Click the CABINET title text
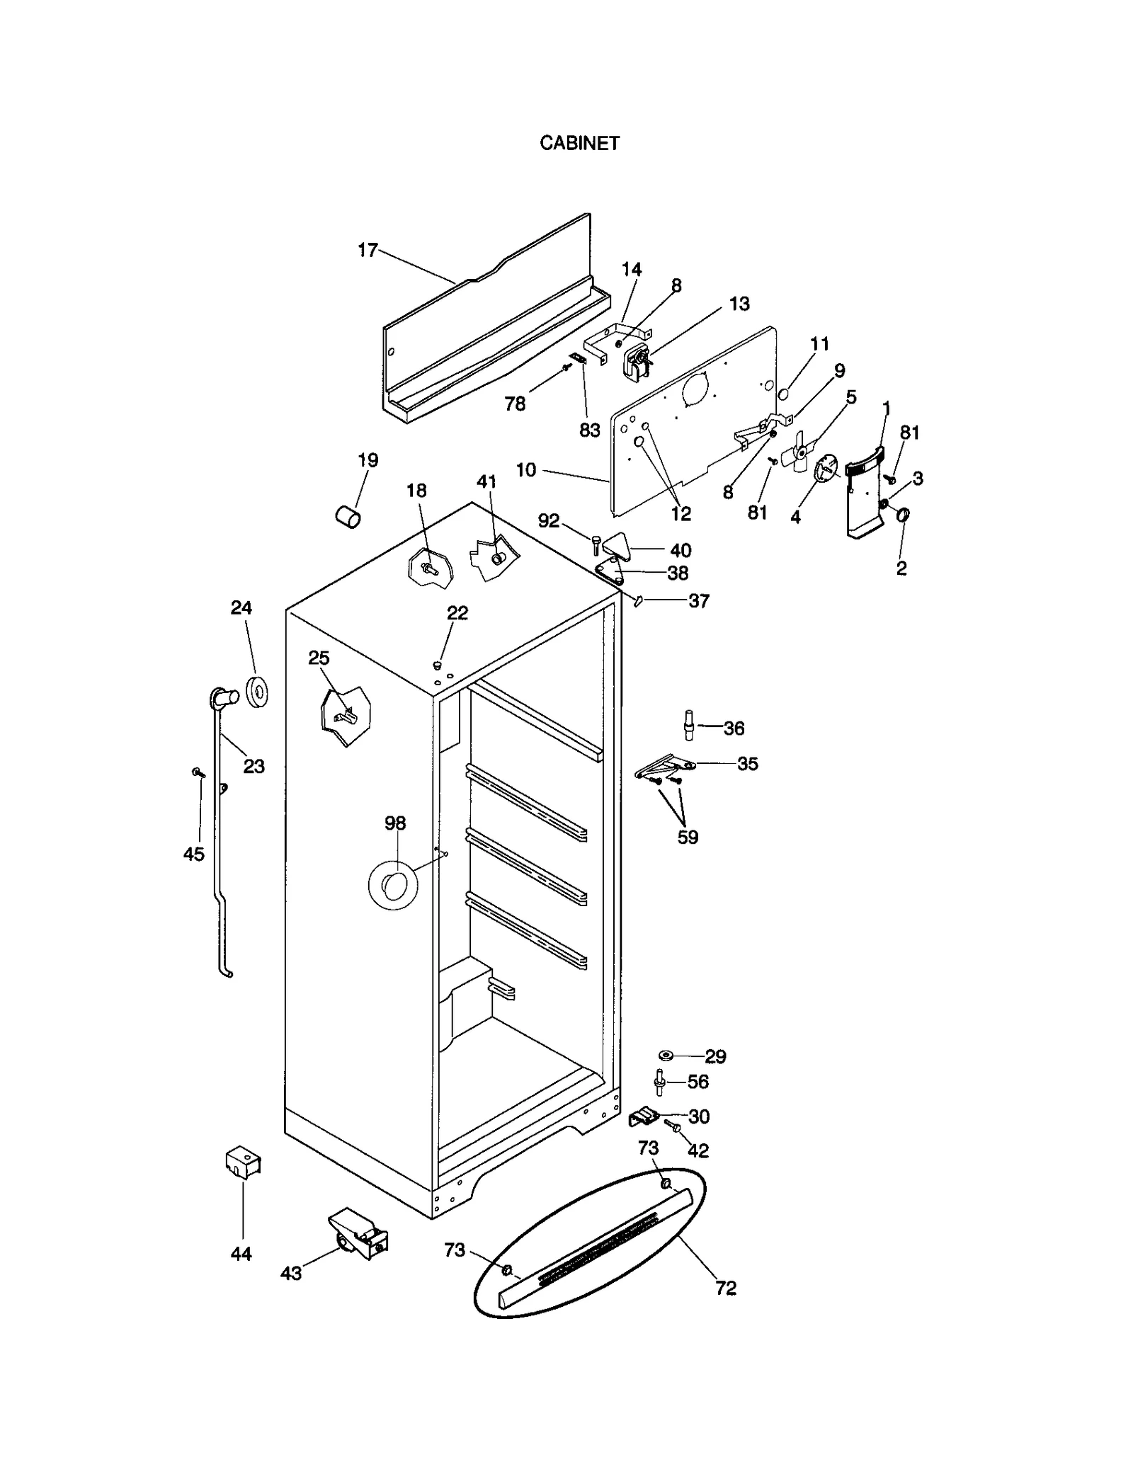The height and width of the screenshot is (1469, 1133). (x=579, y=143)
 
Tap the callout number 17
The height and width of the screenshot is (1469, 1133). (x=368, y=250)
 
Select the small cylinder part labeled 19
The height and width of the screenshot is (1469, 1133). (x=347, y=516)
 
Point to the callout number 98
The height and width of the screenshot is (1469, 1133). (x=395, y=823)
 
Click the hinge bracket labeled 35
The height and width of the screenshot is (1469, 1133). (x=664, y=767)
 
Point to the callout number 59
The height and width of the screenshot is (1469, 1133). (x=688, y=837)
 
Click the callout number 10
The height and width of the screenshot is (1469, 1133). (x=526, y=470)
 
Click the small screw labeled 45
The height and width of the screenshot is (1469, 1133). (x=198, y=773)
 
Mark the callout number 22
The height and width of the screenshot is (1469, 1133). (x=457, y=612)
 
